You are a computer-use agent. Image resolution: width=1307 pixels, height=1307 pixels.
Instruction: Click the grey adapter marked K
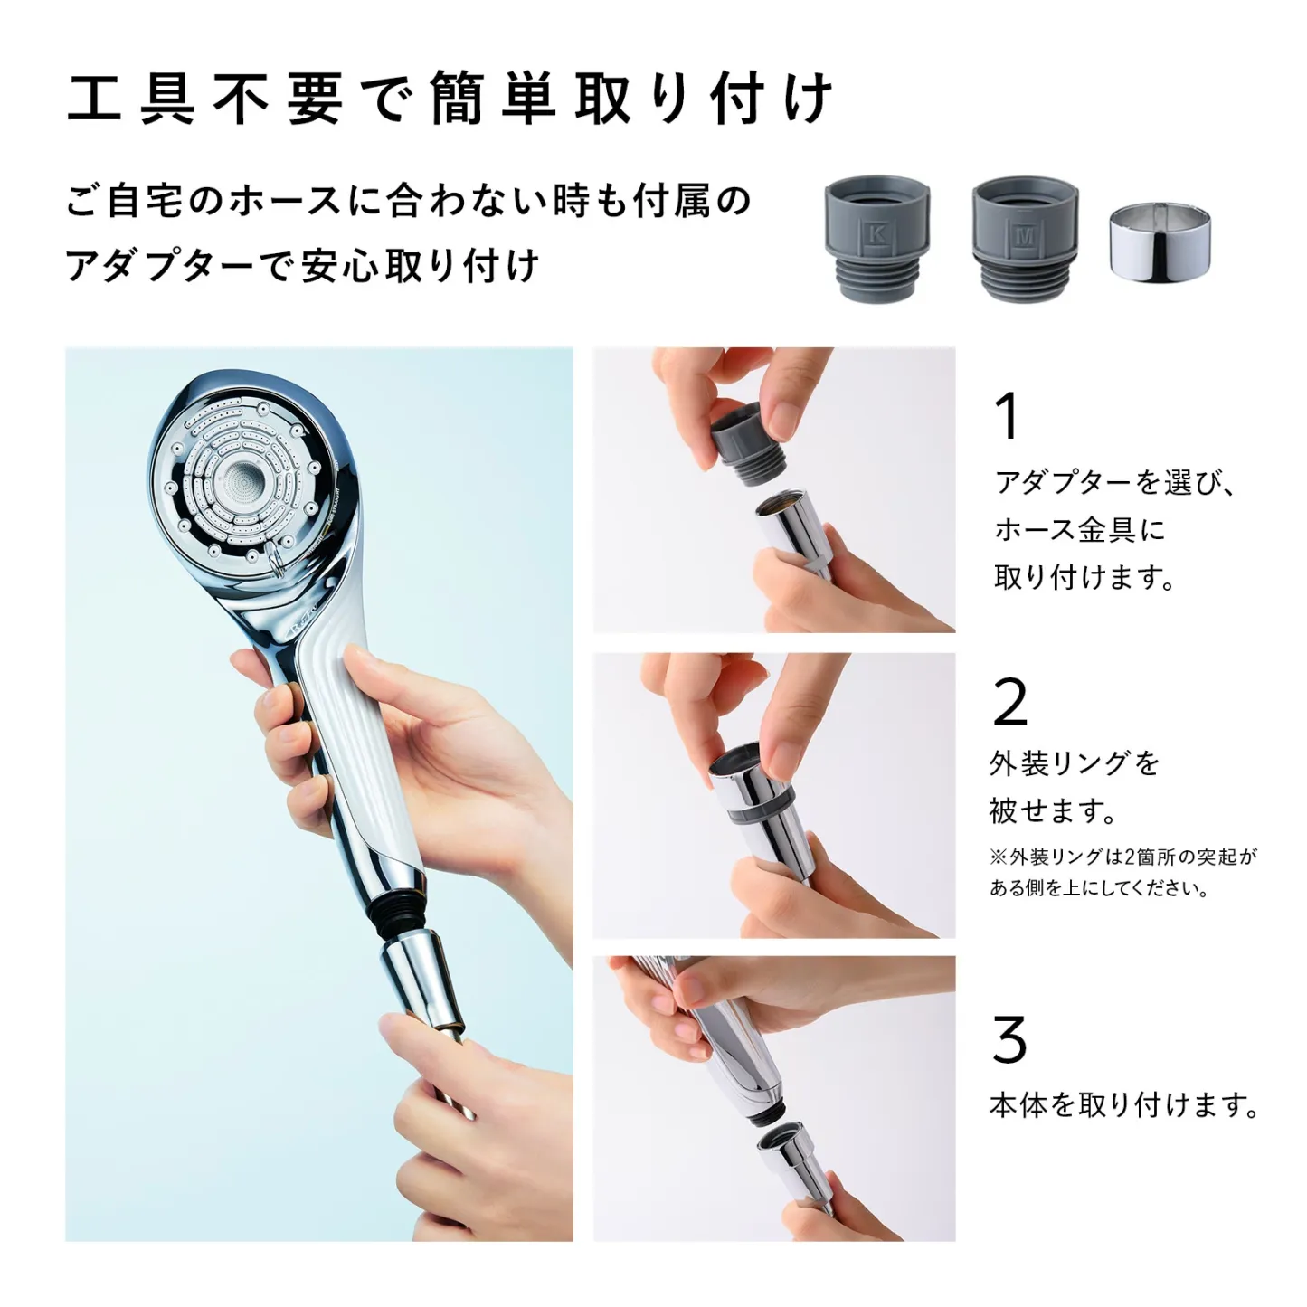(x=876, y=239)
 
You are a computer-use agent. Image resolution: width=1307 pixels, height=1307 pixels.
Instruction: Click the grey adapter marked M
(x=1025, y=239)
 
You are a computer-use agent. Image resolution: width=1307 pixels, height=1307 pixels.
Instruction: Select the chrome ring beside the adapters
(x=1160, y=242)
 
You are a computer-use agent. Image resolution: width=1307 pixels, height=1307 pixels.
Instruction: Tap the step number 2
(x=1009, y=702)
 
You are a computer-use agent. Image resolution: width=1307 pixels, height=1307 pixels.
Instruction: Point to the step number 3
(x=1009, y=1040)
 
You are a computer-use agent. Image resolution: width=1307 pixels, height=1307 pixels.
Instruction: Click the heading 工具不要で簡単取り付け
(x=450, y=98)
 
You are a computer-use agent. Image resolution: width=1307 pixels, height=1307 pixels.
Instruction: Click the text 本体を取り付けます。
(x=1124, y=1104)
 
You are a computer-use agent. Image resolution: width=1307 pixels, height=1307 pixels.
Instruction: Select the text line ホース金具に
(x=1080, y=529)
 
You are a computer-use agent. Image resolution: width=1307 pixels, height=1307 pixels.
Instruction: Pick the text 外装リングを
(x=1075, y=763)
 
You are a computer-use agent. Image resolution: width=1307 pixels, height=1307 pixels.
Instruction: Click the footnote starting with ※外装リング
(x=1122, y=872)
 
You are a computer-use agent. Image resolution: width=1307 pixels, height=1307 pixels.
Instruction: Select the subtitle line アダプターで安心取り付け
(x=303, y=266)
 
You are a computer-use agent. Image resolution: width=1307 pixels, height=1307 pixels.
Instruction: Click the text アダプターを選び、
(x=1114, y=482)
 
